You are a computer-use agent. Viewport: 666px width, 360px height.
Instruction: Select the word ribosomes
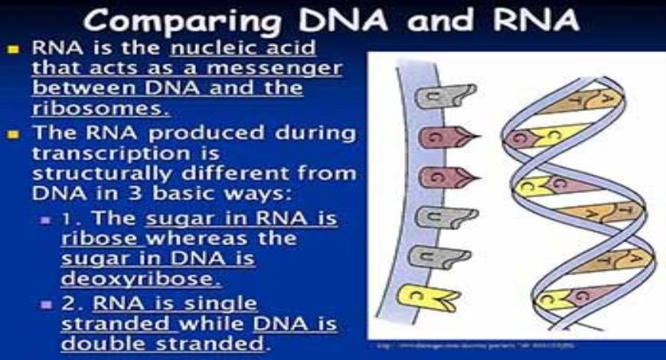point(100,107)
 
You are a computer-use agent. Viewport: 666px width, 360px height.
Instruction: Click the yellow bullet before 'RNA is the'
point(15,49)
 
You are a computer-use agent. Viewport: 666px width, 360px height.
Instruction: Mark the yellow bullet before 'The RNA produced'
point(15,134)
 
